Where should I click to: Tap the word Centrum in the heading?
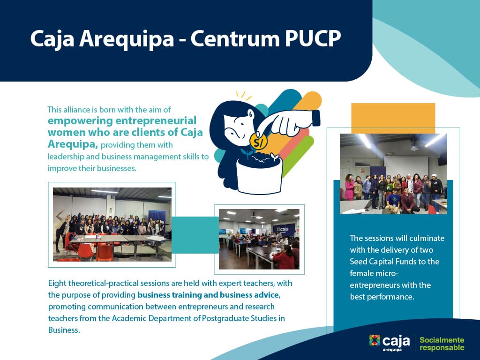coord(235,39)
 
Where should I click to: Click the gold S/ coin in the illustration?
coord(258,142)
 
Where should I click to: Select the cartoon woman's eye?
coord(251,115)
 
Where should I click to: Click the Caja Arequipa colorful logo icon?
coord(375,340)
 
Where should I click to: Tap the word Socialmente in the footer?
coord(442,340)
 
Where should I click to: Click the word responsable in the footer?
coord(442,348)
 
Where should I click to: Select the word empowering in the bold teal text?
coord(80,121)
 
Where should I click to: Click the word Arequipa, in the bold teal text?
coord(73,144)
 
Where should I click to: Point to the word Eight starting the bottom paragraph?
coord(57,284)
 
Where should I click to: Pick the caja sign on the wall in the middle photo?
coord(284,229)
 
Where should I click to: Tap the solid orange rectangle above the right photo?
coord(393,118)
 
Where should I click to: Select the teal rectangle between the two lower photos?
coord(195,235)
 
